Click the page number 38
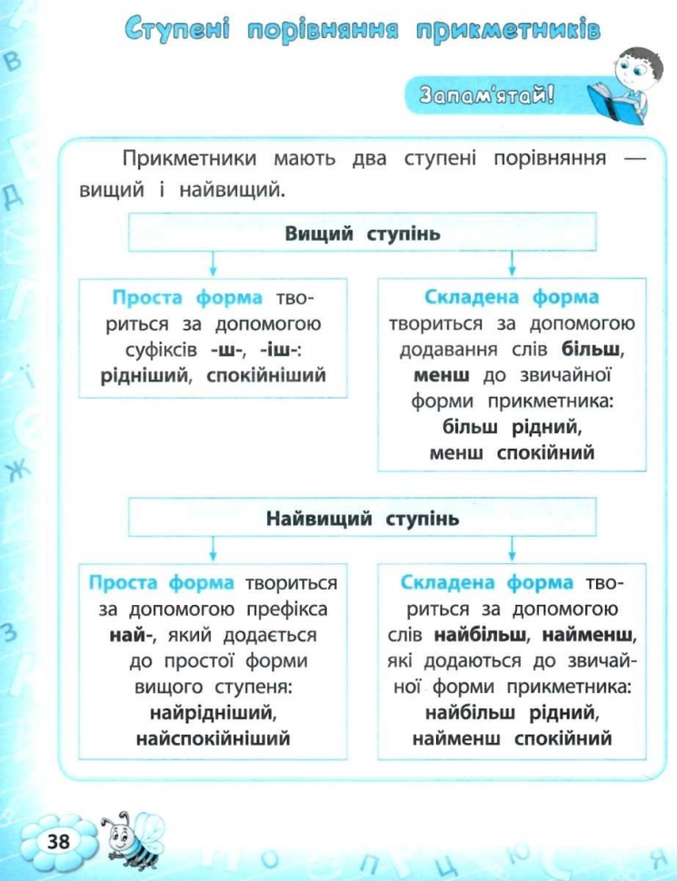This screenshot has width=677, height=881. click(x=58, y=840)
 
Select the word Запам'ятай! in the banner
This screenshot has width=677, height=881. click(x=486, y=94)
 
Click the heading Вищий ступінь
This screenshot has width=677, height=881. click(x=363, y=233)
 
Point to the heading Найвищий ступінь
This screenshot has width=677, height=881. click(x=363, y=518)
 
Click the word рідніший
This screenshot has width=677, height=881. click(x=146, y=375)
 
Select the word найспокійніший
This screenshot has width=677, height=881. click(x=214, y=737)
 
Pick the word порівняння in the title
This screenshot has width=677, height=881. click(x=323, y=29)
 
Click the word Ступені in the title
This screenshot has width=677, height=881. click(x=178, y=29)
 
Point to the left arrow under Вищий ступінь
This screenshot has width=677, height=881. click(x=214, y=263)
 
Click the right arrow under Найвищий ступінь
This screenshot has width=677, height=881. click(x=512, y=549)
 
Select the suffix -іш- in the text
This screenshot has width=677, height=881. click(x=281, y=350)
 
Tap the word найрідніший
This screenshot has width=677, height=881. click(x=214, y=712)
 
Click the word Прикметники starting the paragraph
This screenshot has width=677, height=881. click(x=190, y=158)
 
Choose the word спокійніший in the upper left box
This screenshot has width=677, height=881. click(x=266, y=375)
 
